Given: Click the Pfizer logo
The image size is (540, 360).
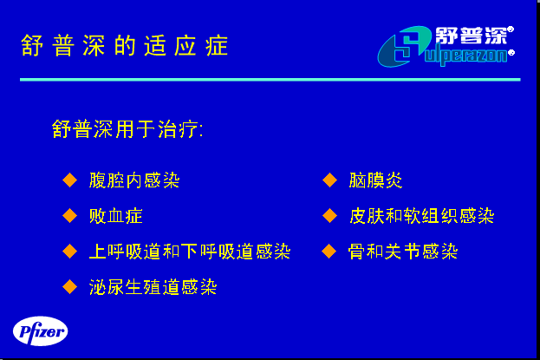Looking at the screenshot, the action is click(x=40, y=331).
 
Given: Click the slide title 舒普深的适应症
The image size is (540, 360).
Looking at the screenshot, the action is click(x=124, y=45).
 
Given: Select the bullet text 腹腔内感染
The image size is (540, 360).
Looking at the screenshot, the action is click(x=134, y=180).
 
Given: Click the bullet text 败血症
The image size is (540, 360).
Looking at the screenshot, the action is click(x=116, y=216).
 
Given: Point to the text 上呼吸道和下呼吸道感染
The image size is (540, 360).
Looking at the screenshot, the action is click(x=190, y=252).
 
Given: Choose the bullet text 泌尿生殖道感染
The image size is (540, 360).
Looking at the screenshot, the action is click(x=153, y=287).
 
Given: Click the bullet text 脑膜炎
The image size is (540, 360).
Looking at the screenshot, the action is click(x=375, y=180).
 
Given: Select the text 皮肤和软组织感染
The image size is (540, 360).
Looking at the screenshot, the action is click(x=422, y=216).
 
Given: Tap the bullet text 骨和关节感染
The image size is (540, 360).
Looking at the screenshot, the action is click(x=403, y=252).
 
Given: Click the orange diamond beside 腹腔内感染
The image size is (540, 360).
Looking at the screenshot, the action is click(x=70, y=180).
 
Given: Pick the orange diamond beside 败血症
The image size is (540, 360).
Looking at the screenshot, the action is click(x=70, y=216).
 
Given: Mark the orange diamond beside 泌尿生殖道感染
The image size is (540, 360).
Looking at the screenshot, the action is click(x=70, y=287).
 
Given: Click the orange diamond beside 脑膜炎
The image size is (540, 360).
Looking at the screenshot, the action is click(x=330, y=180).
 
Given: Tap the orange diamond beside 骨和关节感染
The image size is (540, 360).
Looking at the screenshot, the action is click(x=329, y=252).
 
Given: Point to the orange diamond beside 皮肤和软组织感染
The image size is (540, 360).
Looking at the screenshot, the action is click(x=330, y=216).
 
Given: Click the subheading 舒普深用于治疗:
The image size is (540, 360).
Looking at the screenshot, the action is click(x=127, y=129).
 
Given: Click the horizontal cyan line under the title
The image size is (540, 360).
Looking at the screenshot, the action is click(x=270, y=80).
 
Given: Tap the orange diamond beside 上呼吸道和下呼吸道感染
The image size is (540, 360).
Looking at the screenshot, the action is click(x=70, y=252).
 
